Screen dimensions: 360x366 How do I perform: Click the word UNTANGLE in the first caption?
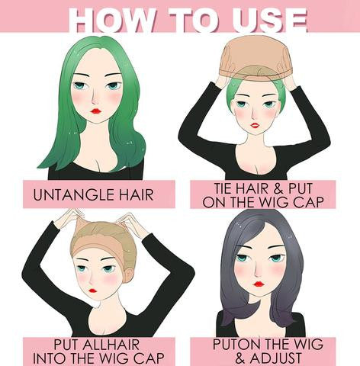[73, 195]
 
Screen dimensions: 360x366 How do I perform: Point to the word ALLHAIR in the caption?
[111, 345]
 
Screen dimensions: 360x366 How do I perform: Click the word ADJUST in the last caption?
[275, 358]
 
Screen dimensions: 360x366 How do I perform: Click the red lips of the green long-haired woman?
[96, 111]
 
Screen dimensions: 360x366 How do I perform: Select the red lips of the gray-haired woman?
[259, 284]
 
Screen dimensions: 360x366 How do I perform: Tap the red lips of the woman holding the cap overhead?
[255, 125]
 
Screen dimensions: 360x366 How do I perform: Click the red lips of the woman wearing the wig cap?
[92, 290]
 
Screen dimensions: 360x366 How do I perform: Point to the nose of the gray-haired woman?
[258, 272]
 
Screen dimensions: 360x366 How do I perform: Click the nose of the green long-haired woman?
[95, 99]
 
